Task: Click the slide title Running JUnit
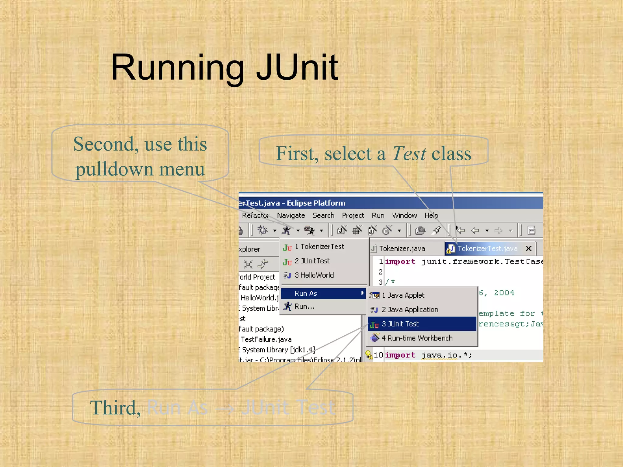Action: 224,67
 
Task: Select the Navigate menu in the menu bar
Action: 291,215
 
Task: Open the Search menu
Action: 323,215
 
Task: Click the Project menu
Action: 353,215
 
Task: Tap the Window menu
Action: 404,215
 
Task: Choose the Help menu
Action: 431,215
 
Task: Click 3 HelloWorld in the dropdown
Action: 314,275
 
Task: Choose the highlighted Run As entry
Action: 306,293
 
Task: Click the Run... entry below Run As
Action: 305,306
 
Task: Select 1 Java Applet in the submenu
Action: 403,295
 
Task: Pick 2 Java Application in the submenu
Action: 410,310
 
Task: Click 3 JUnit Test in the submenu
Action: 400,324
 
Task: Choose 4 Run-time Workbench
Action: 417,338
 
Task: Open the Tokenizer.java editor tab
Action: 402,249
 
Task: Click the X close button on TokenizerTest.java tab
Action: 529,248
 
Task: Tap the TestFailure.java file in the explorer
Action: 266,339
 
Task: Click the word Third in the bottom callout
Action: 116,408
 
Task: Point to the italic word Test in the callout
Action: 409,154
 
